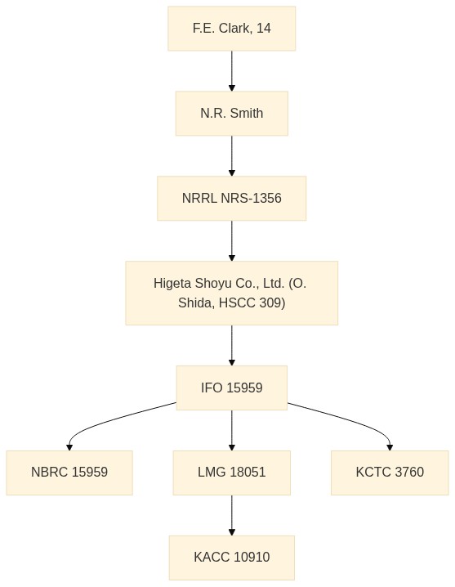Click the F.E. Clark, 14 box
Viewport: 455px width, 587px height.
pyautogui.click(x=232, y=29)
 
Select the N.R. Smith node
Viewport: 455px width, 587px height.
pyautogui.click(x=232, y=113)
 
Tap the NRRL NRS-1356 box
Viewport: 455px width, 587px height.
pyautogui.click(x=232, y=198)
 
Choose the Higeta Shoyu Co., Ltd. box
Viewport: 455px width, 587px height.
pyautogui.click(x=232, y=293)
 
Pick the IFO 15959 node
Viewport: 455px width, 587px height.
pyautogui.click(x=232, y=388)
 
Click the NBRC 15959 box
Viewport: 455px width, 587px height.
pyautogui.click(x=69, y=473)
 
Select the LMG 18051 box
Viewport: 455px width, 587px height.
pyautogui.click(x=232, y=473)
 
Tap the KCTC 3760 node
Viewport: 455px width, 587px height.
pyautogui.click(x=390, y=473)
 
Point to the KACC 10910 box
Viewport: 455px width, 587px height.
pyautogui.click(x=232, y=558)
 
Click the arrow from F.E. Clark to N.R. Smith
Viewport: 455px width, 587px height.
pyautogui.click(x=232, y=71)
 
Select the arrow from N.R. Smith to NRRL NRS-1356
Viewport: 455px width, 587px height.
pyautogui.click(x=232, y=155)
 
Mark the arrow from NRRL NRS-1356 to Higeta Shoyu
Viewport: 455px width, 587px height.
pyautogui.click(x=232, y=240)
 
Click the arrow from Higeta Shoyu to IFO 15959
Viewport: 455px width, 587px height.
pyautogui.click(x=232, y=345)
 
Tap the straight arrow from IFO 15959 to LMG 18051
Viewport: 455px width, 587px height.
pyautogui.click(x=232, y=431)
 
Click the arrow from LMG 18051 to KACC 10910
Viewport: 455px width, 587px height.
pyautogui.click(x=232, y=515)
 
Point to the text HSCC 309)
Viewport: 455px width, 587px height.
pyautogui.click(x=252, y=302)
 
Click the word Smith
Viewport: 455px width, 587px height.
pyautogui.click(x=247, y=113)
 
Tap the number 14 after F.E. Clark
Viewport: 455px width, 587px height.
pyautogui.click(x=264, y=28)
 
